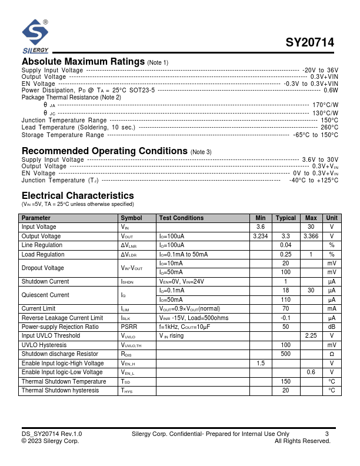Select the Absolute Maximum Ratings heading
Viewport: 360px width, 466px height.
[x=83, y=62]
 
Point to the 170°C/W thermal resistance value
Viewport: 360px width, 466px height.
[x=325, y=105]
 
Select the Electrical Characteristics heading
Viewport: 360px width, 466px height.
[x=78, y=195]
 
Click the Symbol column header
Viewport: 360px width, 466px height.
[x=131, y=218]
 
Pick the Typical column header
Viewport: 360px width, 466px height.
[x=286, y=218]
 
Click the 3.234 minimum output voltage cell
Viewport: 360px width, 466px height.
[x=260, y=236]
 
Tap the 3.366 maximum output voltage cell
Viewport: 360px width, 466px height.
[x=311, y=236]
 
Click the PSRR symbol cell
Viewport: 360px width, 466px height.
[x=129, y=327]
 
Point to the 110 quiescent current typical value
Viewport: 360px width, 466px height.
[x=286, y=299]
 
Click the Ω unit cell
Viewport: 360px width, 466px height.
[x=332, y=354]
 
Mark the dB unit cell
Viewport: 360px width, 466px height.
[x=332, y=327]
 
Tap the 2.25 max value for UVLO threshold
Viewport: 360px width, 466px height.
[x=311, y=336]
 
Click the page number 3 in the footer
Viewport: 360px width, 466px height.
[x=326, y=434]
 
